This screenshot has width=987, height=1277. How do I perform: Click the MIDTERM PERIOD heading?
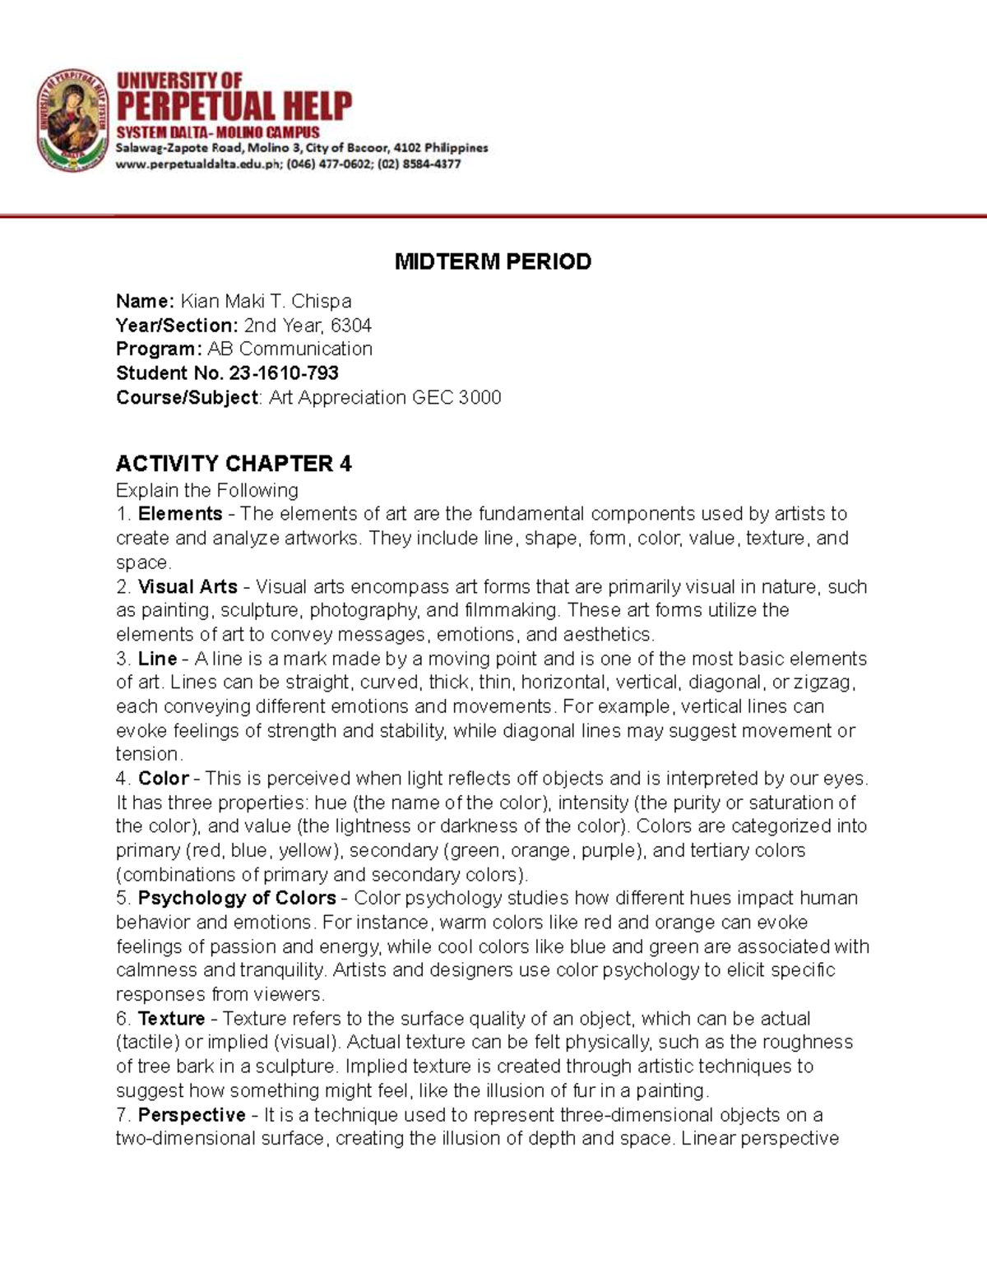493,261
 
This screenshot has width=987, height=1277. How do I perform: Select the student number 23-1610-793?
284,373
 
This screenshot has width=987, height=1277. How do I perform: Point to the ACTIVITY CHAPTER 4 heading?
234,464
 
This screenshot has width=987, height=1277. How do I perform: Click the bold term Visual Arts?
188,587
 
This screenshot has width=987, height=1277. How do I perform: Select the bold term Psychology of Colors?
237,898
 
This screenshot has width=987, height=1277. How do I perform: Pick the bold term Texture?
171,1019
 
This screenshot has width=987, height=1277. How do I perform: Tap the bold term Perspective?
192,1115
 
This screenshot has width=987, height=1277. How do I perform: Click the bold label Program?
159,349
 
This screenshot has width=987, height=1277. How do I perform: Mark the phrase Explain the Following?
206,491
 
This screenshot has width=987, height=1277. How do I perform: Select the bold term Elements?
180,514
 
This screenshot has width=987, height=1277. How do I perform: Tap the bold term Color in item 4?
164,779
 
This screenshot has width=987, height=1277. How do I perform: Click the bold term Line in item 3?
157,659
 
